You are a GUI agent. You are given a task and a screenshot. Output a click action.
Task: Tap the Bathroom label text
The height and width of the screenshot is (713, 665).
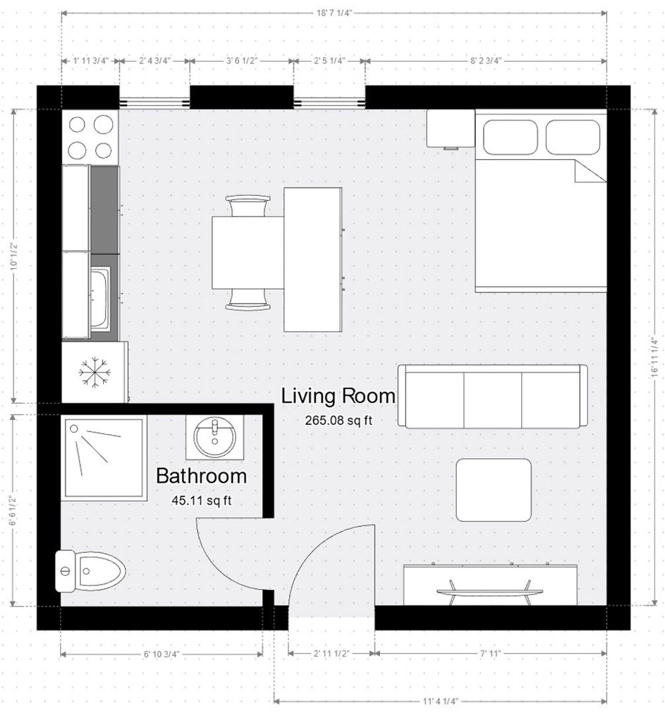tap(201, 476)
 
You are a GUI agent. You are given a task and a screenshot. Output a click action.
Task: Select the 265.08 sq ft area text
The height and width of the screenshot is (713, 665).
tap(338, 420)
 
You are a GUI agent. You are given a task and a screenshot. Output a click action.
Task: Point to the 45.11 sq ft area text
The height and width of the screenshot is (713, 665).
tap(201, 501)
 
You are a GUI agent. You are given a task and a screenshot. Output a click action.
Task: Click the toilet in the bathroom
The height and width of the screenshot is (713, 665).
tap(90, 571)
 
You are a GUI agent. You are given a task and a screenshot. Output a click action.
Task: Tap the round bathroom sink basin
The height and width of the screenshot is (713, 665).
tap(215, 437)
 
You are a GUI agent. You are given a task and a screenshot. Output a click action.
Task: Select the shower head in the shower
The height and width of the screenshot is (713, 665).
tap(74, 429)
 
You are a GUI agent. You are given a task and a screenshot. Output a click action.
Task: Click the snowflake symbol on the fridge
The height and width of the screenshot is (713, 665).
tap(95, 372)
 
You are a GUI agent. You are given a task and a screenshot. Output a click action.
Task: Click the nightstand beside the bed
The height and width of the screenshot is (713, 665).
tap(450, 128)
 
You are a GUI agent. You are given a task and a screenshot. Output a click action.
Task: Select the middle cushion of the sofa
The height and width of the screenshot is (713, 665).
tap(493, 400)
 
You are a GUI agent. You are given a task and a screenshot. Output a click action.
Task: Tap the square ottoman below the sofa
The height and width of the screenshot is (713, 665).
tap(493, 490)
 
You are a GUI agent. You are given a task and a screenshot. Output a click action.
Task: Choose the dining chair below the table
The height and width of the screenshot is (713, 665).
tap(247, 301)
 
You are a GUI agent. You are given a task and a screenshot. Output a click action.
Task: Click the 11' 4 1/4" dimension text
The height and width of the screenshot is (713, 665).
tap(440, 701)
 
